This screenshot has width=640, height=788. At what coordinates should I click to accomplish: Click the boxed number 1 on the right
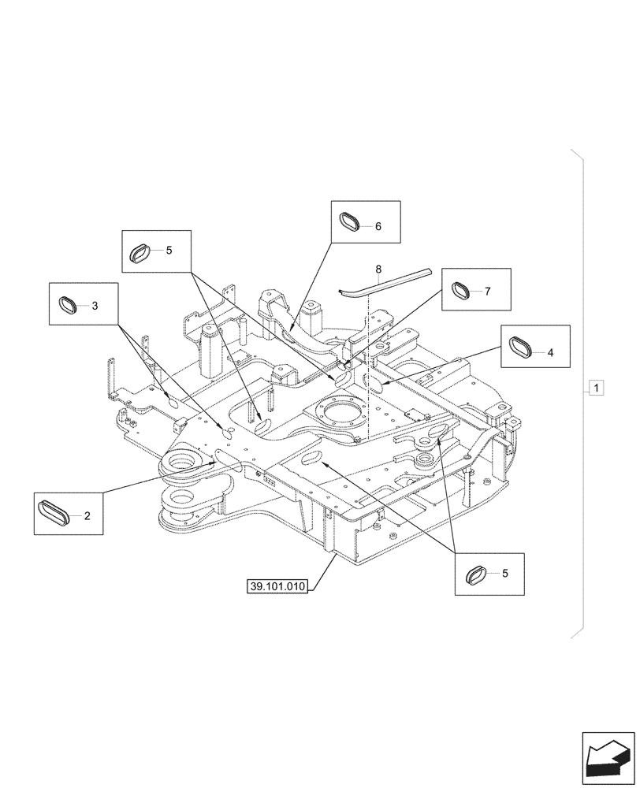(597, 388)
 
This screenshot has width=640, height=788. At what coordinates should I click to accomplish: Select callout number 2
(87, 517)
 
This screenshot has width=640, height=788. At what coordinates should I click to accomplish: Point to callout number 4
(550, 353)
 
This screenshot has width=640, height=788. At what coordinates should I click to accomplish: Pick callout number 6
(378, 226)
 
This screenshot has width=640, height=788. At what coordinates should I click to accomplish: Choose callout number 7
(487, 292)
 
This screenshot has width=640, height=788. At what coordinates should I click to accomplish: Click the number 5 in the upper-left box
(169, 251)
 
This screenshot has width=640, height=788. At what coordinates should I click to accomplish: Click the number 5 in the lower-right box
(504, 573)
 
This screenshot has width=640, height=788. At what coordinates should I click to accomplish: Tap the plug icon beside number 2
(54, 515)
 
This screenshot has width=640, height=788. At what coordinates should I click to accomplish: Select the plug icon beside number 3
(69, 304)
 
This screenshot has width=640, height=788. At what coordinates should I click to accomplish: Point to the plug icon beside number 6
(350, 221)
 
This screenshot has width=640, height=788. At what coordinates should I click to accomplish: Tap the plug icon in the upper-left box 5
(140, 252)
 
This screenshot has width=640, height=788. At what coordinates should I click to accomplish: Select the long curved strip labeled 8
(386, 281)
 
